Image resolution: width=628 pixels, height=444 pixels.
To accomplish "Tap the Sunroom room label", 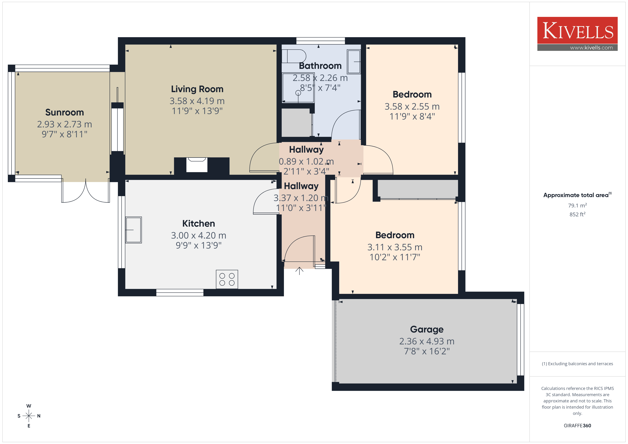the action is click(65, 112).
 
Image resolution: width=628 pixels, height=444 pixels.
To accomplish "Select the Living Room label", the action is click(197, 89).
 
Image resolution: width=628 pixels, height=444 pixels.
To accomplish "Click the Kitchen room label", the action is click(199, 224).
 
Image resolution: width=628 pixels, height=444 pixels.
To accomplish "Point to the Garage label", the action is click(427, 329).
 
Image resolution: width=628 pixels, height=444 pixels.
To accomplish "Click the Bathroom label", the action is click(320, 66).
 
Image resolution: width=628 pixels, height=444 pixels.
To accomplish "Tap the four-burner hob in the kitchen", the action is click(227, 279).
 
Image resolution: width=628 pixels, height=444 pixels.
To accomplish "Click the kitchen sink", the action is click(134, 230).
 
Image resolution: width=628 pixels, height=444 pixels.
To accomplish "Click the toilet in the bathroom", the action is click(294, 56).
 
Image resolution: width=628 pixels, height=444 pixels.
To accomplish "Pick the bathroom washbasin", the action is click(354, 62).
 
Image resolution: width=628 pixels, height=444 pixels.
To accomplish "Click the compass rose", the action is click(29, 416).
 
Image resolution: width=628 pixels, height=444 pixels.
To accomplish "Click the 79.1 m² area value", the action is click(577, 205).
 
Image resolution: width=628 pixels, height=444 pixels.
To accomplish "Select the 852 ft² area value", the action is click(577, 214).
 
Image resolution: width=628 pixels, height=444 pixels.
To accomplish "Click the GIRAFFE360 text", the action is click(577, 426).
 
